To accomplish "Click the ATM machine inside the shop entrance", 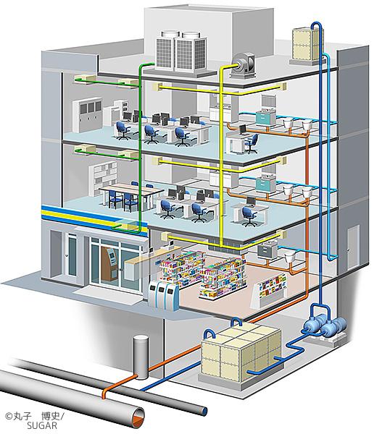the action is pos(109,263).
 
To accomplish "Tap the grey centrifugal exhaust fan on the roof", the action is pos(244,66).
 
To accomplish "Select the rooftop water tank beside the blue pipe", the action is pos(307,44).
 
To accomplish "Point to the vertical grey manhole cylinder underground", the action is pos(141,357).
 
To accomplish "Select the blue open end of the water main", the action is pos(204,410).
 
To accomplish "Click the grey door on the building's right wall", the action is pos(353,247).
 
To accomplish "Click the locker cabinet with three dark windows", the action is pos(87,115).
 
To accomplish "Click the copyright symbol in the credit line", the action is pos(9,417).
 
